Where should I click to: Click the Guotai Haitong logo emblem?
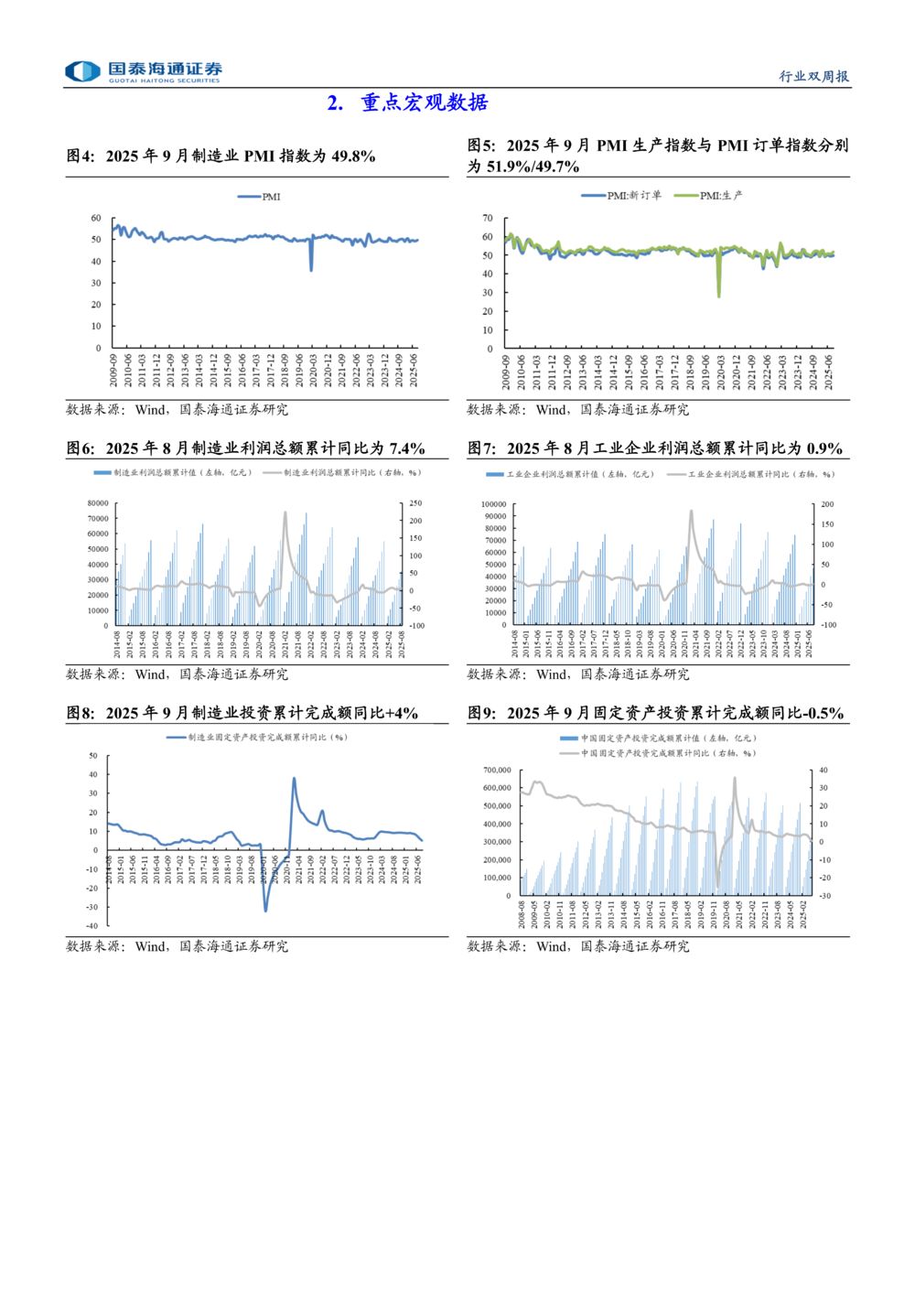coord(82,71)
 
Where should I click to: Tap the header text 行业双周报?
coord(813,76)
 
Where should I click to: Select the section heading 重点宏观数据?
coord(425,102)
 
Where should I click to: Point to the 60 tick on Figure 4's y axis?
coord(96,218)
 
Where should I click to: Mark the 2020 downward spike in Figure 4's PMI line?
coord(311,269)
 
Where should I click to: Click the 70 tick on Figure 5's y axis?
coord(488,218)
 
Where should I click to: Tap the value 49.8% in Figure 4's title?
coord(353,156)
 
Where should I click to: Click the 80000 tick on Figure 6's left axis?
coord(98,503)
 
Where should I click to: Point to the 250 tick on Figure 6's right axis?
coord(415,503)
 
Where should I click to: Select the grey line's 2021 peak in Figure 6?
coord(285,512)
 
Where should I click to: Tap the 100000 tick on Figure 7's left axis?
coord(493,504)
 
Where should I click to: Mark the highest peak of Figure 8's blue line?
coord(294,779)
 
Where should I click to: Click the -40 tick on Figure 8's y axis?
coord(91,926)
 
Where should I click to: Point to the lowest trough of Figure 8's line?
coord(266,910)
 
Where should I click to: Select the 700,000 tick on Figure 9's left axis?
coord(497,770)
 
